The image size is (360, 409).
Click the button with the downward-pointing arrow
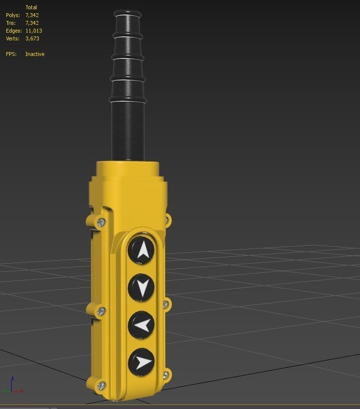141,288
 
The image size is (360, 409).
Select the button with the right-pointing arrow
142,362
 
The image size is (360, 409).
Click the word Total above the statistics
31,7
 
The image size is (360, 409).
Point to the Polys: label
13,15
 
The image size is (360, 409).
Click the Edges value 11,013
34,31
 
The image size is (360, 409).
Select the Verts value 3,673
32,38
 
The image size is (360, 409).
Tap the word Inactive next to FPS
34,54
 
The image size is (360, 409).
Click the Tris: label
11,23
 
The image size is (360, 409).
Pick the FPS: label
11,54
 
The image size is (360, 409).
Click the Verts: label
12,38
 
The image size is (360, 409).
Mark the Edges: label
14,31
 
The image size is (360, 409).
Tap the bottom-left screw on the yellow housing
101,386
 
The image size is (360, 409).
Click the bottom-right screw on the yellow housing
166,374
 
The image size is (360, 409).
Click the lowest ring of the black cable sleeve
128,100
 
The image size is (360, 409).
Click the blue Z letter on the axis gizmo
13,378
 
